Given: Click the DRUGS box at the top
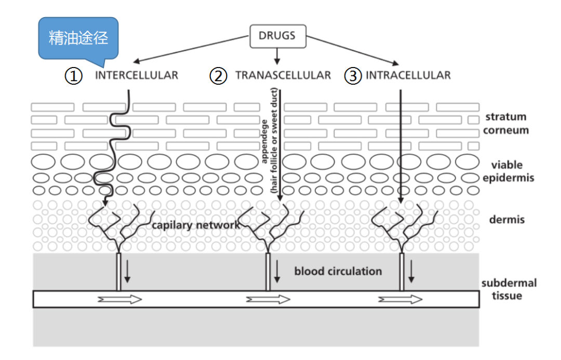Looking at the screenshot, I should point(277,35).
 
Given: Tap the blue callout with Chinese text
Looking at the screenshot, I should point(78,38).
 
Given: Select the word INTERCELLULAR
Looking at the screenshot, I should point(137,75).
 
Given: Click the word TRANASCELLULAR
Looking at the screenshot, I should point(283,75).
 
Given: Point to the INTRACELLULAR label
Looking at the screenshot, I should point(408,75).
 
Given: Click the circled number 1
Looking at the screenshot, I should point(74,76).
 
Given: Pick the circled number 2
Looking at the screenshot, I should point(219,76).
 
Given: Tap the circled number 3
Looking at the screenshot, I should point(353,76).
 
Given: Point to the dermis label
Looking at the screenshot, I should point(507,219).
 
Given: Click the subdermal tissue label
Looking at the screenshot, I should point(509,289).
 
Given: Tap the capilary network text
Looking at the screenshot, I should point(196,225).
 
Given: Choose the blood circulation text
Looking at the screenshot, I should point(338,271).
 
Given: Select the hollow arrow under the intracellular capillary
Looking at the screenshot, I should point(400,299).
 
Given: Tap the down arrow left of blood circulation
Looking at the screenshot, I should point(277,272).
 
